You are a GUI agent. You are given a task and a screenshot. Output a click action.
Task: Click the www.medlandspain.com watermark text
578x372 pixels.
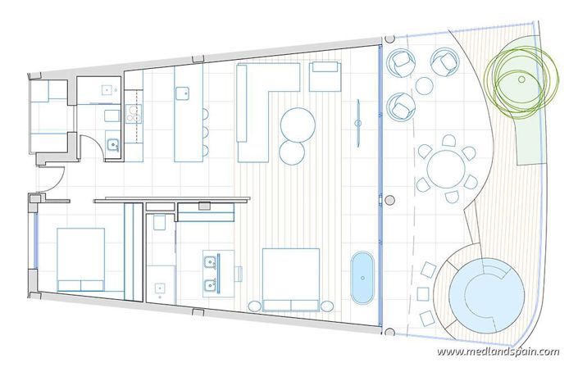[x=498, y=352]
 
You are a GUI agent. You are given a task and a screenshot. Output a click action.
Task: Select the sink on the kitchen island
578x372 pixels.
[x=188, y=93]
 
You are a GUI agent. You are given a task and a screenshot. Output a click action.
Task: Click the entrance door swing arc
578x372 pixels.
[x=54, y=175]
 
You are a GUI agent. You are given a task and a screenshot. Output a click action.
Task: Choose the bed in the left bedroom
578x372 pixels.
[x=80, y=259]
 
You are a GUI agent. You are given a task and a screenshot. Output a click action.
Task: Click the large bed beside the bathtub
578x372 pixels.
[x=290, y=279]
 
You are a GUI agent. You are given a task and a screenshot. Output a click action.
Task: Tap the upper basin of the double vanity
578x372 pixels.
[x=211, y=262]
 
